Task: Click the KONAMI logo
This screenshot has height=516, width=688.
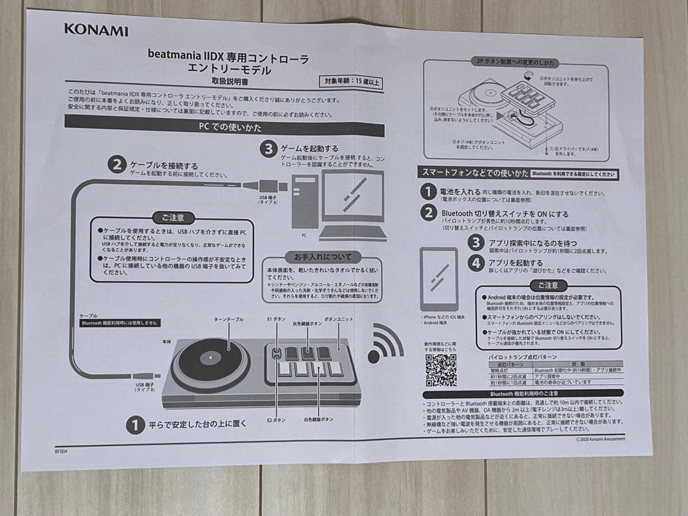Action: pyautogui.click(x=96, y=30)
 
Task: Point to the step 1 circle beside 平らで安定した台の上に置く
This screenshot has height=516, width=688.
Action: pyautogui.click(x=134, y=424)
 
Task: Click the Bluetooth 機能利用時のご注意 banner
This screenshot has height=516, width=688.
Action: pyautogui.click(x=524, y=394)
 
